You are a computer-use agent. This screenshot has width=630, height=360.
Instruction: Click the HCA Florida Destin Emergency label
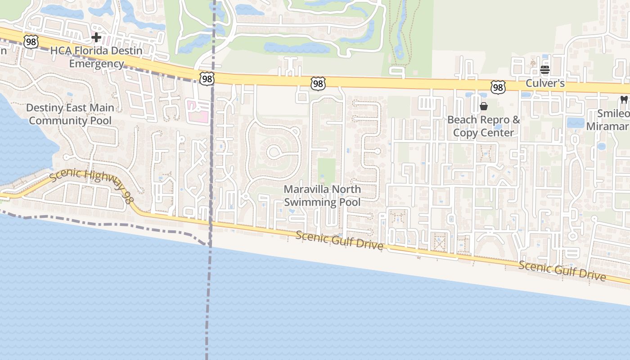[96, 57]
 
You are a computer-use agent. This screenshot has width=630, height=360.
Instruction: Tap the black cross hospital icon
[96, 37]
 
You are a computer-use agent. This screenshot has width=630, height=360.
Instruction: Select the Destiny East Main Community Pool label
[70, 114]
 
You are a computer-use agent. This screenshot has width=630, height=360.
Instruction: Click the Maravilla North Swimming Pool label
[322, 196]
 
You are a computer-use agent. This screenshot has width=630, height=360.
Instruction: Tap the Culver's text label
[545, 84]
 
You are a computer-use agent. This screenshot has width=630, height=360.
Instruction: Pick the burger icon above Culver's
[545, 70]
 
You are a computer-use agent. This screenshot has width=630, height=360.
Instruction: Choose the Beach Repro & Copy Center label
[484, 126]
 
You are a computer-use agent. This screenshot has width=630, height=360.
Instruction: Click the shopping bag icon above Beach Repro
[484, 106]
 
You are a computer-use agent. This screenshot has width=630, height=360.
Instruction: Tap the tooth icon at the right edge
[624, 99]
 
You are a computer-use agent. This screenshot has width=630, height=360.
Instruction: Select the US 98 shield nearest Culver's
[498, 87]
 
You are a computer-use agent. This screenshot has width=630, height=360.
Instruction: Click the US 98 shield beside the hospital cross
[31, 42]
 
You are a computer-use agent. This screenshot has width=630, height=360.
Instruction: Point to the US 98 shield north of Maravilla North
[318, 83]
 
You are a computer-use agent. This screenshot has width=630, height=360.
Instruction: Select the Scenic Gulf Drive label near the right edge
[562, 270]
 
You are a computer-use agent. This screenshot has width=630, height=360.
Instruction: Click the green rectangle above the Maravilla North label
[327, 171]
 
